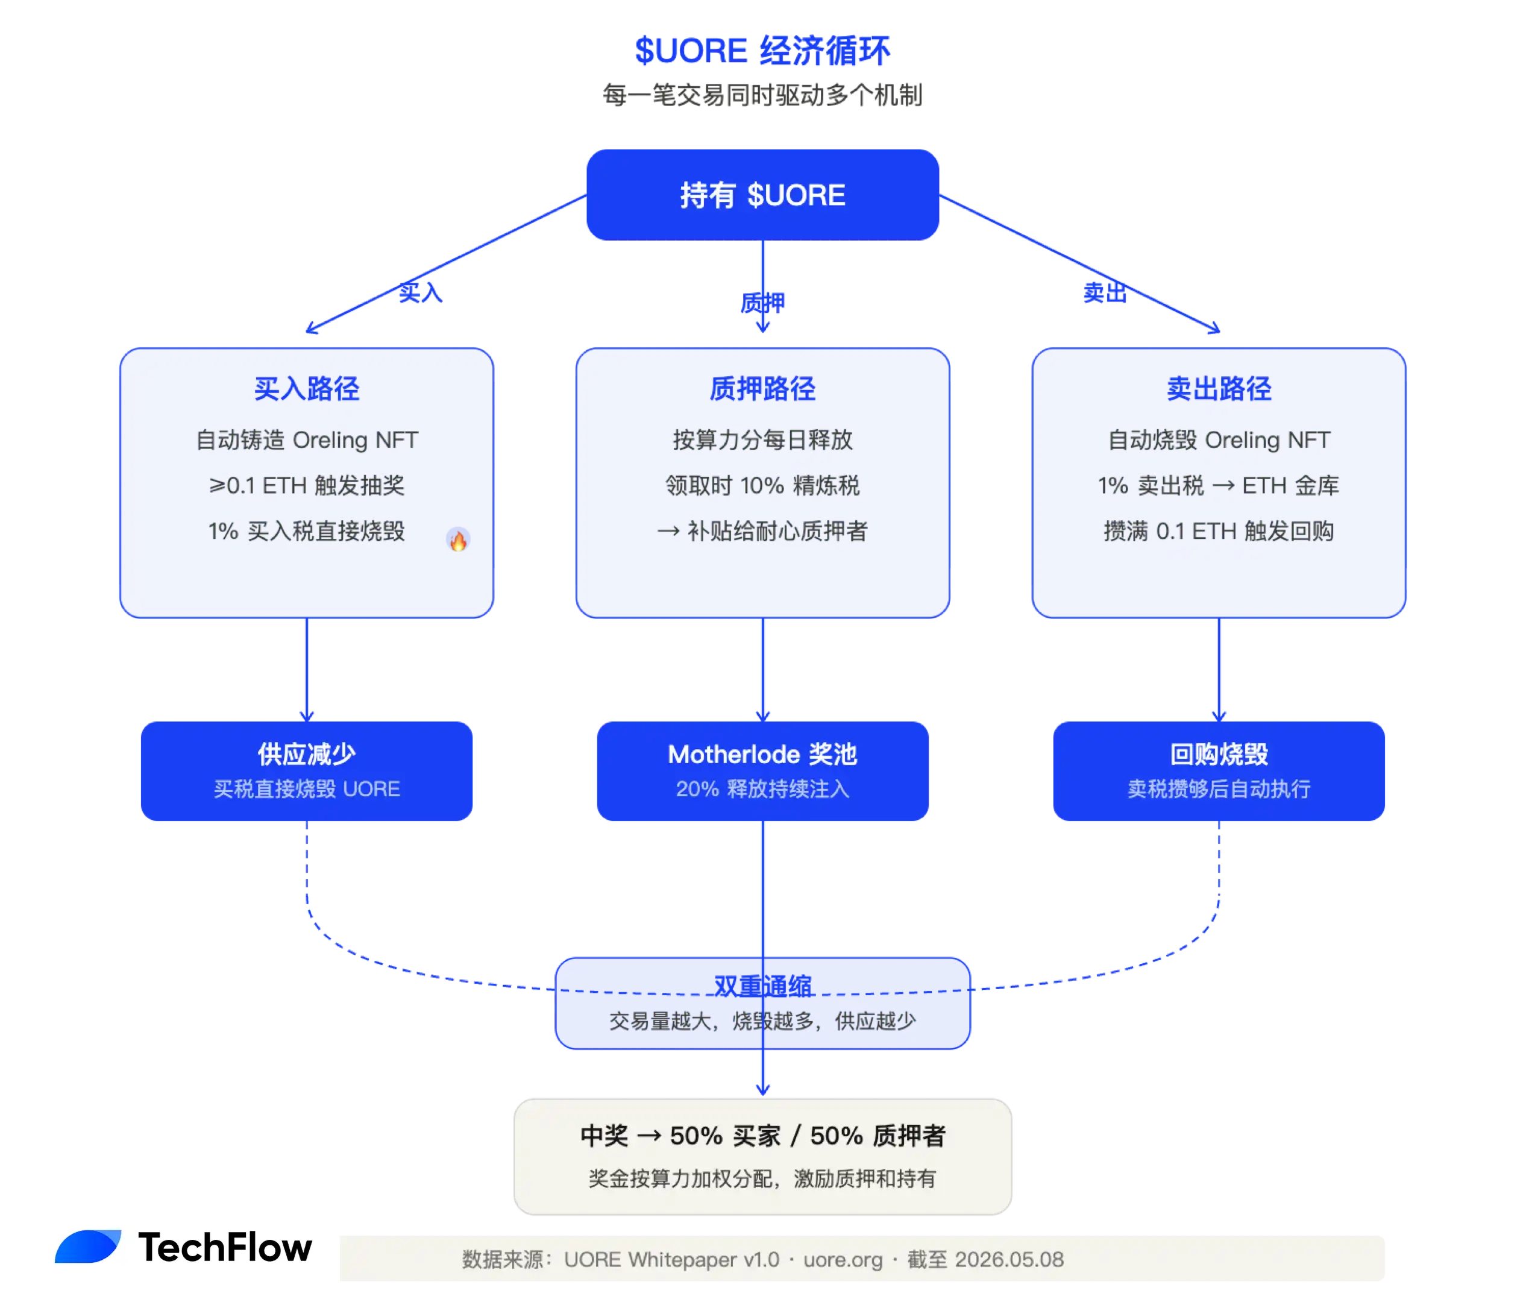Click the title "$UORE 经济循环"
(762, 50)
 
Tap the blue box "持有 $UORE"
(762, 195)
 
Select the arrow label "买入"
(421, 292)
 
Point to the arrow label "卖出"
(1105, 292)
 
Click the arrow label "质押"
(762, 303)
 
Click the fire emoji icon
(458, 541)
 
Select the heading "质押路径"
(762, 388)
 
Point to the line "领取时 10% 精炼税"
(762, 485)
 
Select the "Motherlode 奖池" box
(762, 770)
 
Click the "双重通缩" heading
(762, 986)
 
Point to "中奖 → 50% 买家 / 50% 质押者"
(762, 1135)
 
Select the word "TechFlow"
(225, 1247)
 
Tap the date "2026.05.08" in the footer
(1009, 1259)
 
